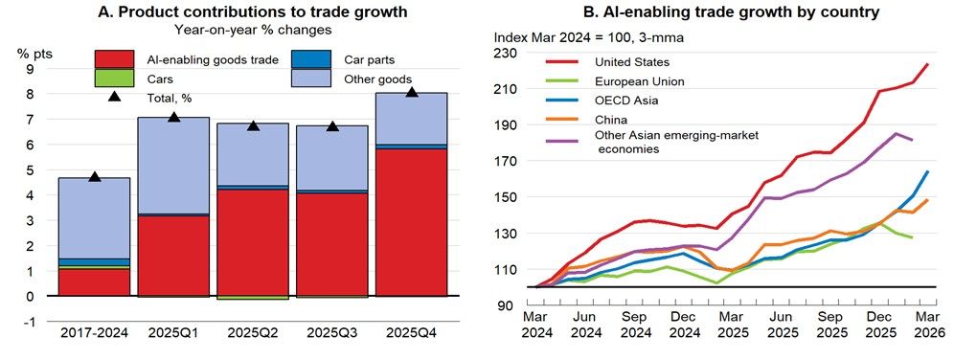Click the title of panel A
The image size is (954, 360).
pyautogui.click(x=253, y=11)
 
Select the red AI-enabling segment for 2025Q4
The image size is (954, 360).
pyautogui.click(x=411, y=222)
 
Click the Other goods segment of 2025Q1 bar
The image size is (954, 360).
pyautogui.click(x=174, y=166)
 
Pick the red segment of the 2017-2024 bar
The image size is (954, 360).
pyautogui.click(x=95, y=282)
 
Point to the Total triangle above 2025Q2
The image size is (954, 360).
pyautogui.click(x=254, y=125)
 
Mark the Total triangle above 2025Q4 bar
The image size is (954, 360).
pyautogui.click(x=412, y=92)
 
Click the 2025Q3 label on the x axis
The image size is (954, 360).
pyautogui.click(x=332, y=334)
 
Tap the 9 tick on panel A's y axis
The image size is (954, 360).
pyautogui.click(x=29, y=69)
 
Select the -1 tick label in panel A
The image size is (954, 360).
pyautogui.click(x=27, y=322)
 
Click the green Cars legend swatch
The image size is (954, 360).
pyautogui.click(x=114, y=79)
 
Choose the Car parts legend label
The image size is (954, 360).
pyautogui.click(x=370, y=59)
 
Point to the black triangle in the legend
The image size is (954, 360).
pyautogui.click(x=114, y=96)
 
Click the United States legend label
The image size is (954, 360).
pyautogui.click(x=632, y=62)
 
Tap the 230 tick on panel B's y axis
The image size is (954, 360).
pyautogui.click(x=505, y=53)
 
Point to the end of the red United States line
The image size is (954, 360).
pyautogui.click(x=928, y=63)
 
